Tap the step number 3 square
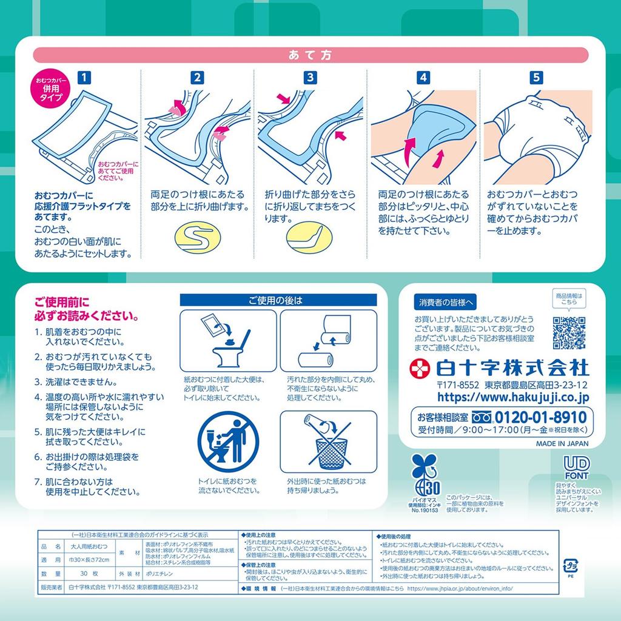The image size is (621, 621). (x=310, y=77)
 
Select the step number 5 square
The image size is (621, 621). (x=535, y=77)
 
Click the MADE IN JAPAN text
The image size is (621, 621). (x=561, y=443)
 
